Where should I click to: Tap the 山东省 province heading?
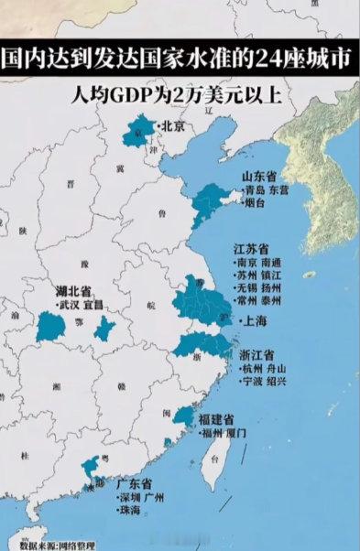(259, 177)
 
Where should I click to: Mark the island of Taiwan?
(219, 458)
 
